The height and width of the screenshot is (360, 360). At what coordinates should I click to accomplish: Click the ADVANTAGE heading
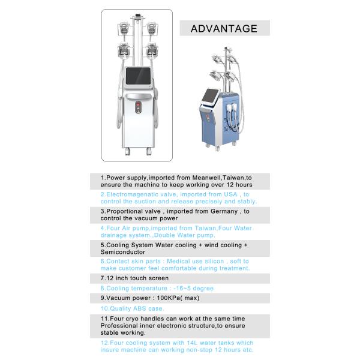(224, 28)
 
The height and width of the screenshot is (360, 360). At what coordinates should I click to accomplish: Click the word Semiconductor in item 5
(122, 253)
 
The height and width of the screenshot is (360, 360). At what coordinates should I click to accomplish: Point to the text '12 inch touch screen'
(137, 278)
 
